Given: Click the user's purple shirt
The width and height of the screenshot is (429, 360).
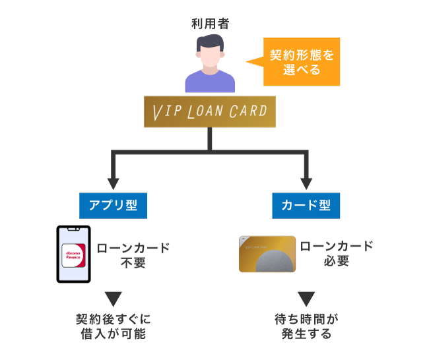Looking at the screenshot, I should pos(209,82).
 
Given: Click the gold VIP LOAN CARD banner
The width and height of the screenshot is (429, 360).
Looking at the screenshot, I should pos(209,112).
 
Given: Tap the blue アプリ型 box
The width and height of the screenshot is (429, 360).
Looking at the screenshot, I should pos(113,205).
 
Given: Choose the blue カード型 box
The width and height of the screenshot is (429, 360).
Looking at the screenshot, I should pos(306,205).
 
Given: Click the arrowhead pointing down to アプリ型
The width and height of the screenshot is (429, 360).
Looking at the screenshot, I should pos(113,181).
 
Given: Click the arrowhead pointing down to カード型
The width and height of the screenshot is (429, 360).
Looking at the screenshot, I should pos(306,181).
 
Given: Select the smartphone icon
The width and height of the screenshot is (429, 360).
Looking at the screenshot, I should pos(73,255).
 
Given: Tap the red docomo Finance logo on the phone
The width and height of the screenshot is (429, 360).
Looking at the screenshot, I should pos(73,255).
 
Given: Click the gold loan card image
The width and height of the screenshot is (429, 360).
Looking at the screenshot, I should pos(267,254).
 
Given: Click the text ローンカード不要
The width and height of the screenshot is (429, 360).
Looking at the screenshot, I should pos(133,255).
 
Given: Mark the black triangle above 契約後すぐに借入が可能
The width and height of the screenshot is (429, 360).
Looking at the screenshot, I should pos(113,298).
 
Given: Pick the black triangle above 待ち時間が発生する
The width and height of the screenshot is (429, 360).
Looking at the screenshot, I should pos(306,298).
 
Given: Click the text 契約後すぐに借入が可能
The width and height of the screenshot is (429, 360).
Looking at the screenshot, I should pos(113,327).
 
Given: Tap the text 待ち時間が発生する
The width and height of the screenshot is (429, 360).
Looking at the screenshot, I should pos(306,327).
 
